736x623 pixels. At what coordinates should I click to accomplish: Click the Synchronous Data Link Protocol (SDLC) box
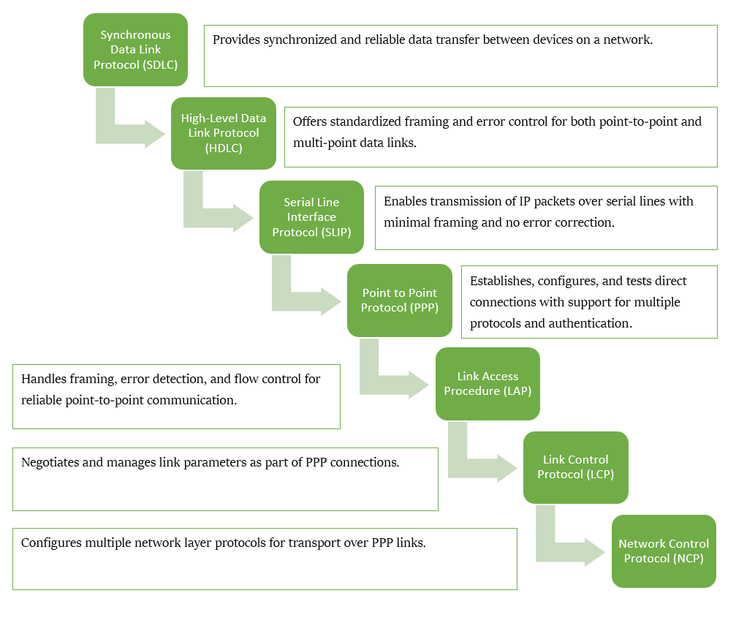(x=135, y=50)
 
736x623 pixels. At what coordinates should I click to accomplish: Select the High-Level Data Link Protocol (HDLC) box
(x=223, y=133)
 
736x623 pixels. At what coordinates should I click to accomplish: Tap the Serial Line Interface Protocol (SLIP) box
(x=311, y=217)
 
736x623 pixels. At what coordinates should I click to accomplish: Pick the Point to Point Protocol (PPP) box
(x=399, y=301)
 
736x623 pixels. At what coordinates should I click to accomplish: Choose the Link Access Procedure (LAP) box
(x=487, y=384)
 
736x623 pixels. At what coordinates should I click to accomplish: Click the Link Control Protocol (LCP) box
(x=575, y=467)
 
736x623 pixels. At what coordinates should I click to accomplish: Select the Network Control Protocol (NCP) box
(x=663, y=551)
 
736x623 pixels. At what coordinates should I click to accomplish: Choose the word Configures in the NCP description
(x=52, y=543)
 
